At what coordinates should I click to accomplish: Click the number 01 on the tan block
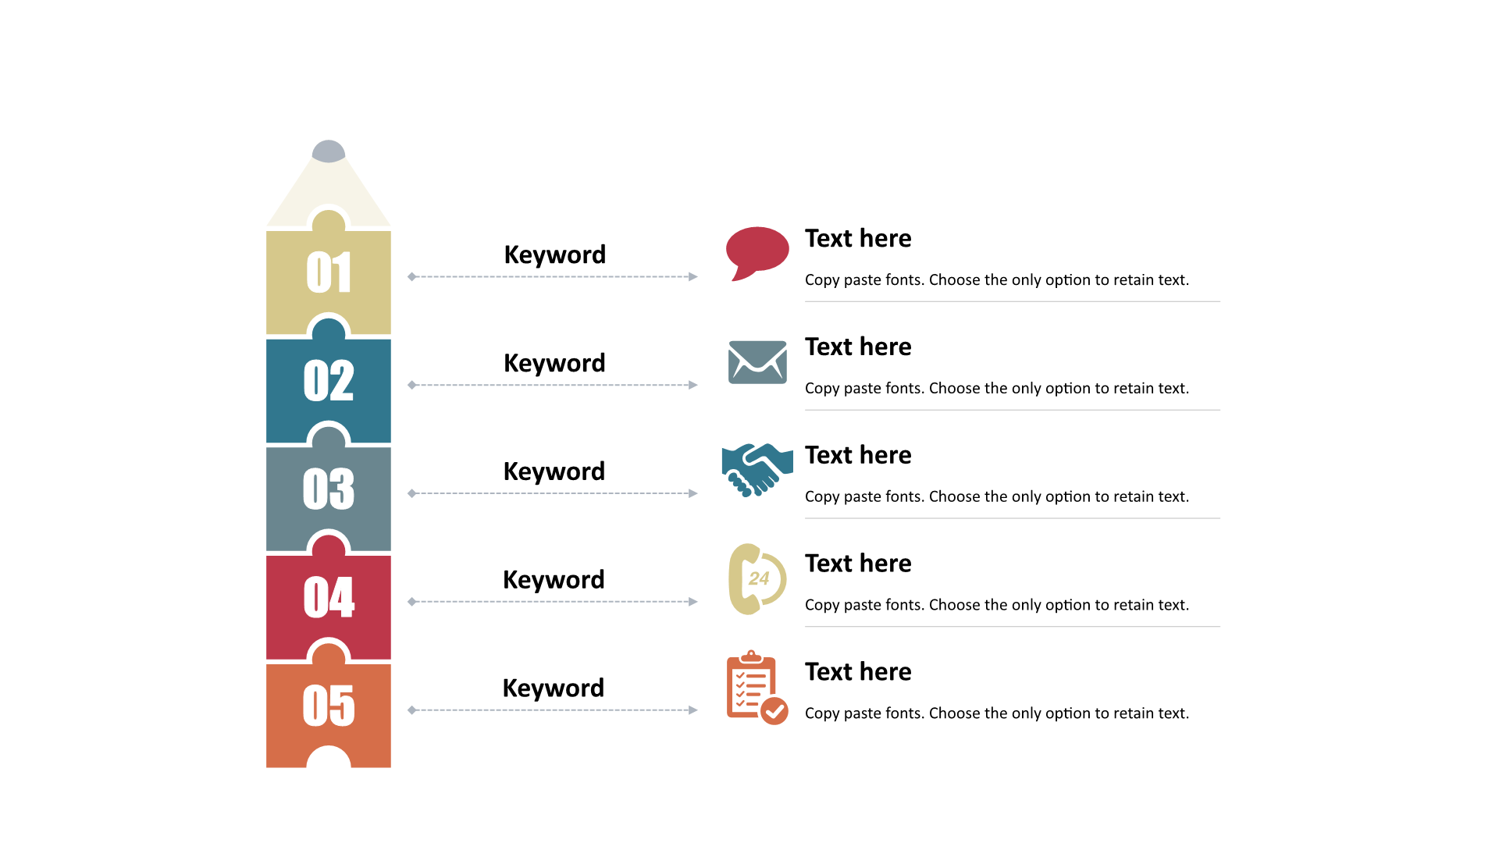point(329,272)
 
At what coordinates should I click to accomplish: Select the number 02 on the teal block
point(329,381)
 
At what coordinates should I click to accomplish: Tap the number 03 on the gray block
point(329,489)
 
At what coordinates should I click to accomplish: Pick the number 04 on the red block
point(329,598)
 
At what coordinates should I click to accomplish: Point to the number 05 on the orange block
point(329,706)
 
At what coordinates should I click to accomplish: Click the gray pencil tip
point(329,151)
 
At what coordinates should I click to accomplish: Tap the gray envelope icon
point(757,362)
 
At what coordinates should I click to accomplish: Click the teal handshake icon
point(757,470)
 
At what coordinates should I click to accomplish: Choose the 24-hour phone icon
point(757,579)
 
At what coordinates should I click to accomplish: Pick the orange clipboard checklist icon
point(757,688)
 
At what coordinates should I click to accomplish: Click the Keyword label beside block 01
point(555,255)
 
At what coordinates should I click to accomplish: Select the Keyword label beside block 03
point(554,472)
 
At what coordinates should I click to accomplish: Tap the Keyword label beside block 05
point(554,688)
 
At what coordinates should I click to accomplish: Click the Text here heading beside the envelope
point(858,347)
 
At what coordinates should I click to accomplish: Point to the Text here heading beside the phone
point(858,564)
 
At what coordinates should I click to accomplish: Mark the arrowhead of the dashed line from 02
point(693,385)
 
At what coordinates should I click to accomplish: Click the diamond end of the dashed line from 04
point(412,602)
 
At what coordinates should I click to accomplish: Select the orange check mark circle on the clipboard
point(774,711)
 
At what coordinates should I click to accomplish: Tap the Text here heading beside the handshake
point(858,455)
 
